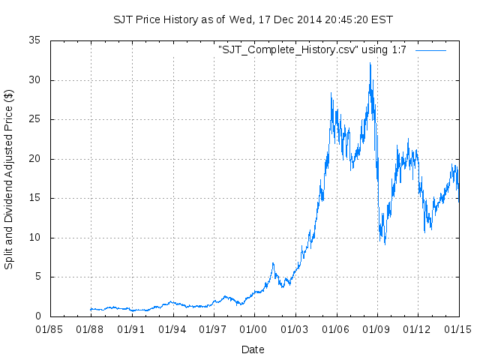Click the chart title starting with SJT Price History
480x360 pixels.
[253, 19]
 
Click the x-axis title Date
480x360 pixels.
[253, 349]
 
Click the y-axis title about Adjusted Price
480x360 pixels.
[9, 178]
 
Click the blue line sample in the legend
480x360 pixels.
[430, 49]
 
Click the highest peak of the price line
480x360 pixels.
[370, 63]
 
